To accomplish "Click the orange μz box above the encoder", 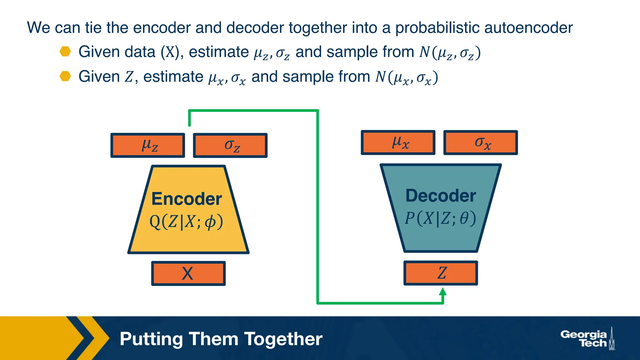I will pos(148,145).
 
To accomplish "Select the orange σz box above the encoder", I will pos(230,145).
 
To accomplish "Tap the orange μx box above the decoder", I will pos(398,142).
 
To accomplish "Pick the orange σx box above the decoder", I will pos(481,142).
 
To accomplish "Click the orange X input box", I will pos(188,273).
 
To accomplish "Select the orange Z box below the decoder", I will pos(441,273).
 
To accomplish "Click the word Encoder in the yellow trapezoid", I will pos(187,199).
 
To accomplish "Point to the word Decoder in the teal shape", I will pos(441,196).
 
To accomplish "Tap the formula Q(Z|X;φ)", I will pos(187,222).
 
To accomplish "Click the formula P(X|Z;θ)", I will pos(441,218).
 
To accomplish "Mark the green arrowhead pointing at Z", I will pos(442,292).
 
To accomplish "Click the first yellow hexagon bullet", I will pos(65,52).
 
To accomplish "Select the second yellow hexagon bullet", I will pos(65,76).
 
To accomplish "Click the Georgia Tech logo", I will pos(587,339).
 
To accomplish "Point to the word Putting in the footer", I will pos(151,339).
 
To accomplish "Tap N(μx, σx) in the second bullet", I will pos(406,77).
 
